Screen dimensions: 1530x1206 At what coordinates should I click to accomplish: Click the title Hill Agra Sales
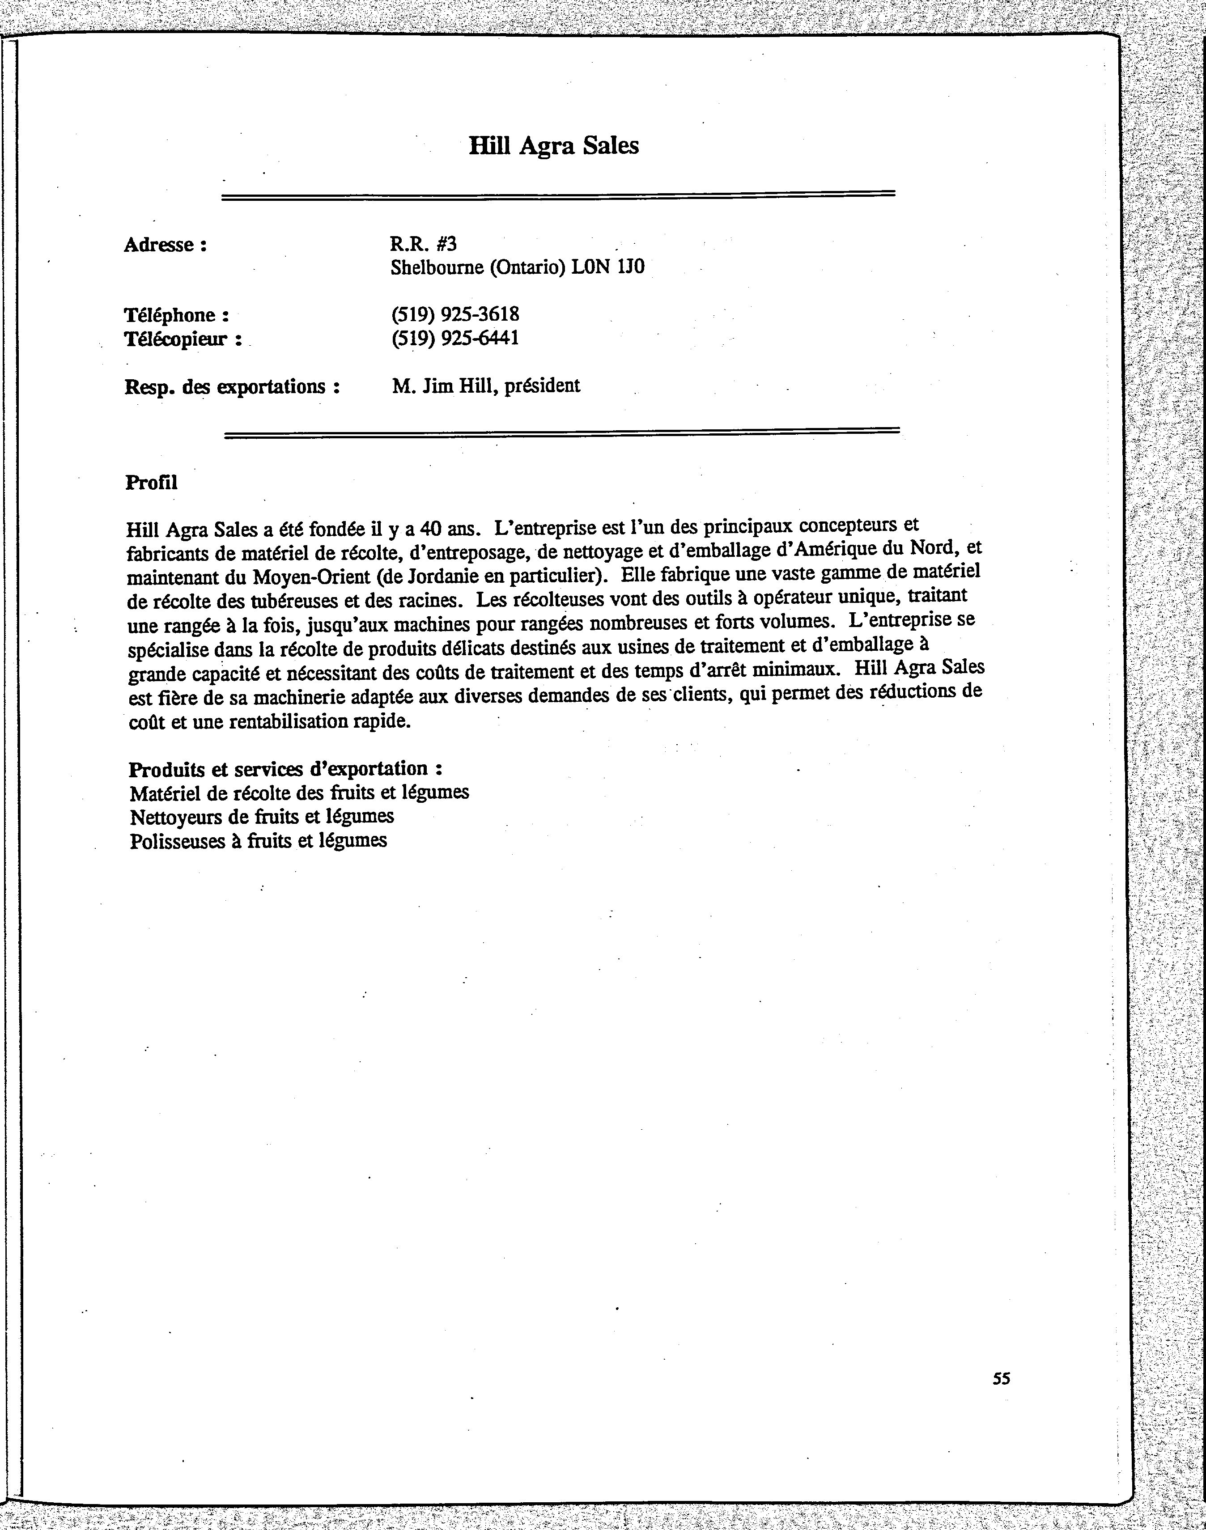coord(554,145)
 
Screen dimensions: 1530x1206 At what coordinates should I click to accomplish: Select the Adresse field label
coord(165,245)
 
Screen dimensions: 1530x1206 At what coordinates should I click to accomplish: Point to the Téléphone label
coord(177,315)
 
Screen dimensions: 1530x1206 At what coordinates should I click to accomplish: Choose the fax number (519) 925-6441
coord(455,338)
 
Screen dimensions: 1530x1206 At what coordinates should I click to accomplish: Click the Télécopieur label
coord(183,339)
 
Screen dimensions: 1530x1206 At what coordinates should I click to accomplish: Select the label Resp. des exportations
coord(232,387)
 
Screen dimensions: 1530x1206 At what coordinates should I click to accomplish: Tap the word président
coord(542,386)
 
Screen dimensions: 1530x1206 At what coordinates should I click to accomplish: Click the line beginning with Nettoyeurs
coord(261,816)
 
